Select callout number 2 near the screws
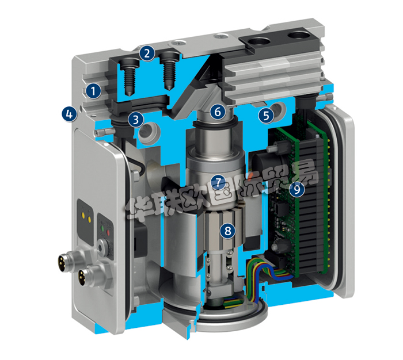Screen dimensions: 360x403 click(148, 54)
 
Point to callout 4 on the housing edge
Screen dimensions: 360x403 click(69, 114)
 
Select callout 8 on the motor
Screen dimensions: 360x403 click(228, 231)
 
